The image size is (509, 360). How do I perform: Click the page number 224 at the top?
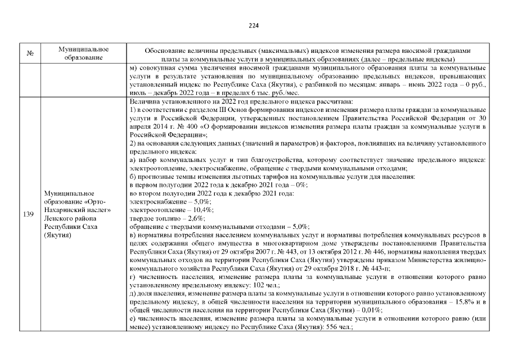[x=254, y=25]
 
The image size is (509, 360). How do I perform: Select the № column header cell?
[x=29, y=54]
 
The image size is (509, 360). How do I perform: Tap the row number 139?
[x=29, y=214]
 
